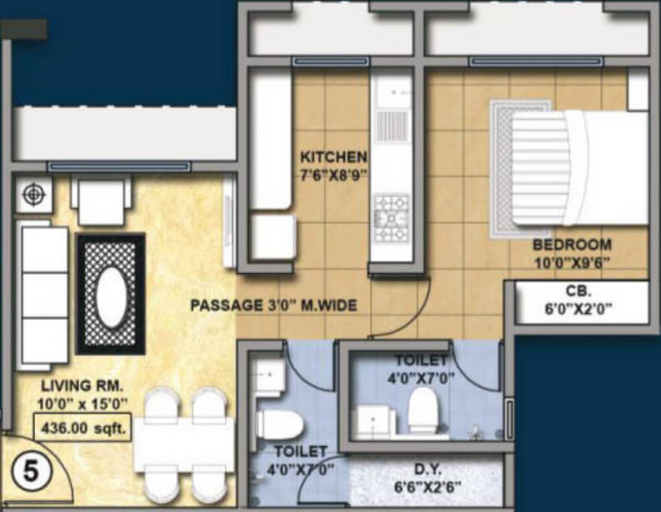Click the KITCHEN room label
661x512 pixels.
point(333,157)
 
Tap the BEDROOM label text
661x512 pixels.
point(572,245)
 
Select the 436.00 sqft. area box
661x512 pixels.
point(83,428)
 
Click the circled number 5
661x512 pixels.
point(31,471)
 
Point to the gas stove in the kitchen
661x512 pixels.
point(391,218)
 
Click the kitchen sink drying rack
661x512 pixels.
point(391,125)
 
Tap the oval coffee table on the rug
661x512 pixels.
point(112,295)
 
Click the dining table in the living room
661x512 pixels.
point(184,445)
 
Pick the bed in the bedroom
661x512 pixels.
point(579,168)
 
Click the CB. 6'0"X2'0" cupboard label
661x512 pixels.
point(579,301)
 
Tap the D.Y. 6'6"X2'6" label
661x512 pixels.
point(427,479)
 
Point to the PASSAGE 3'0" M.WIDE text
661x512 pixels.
point(274,305)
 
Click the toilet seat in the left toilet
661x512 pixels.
point(280,424)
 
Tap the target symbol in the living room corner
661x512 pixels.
point(34,194)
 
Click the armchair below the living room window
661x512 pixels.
point(102,201)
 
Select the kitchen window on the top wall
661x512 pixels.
point(330,62)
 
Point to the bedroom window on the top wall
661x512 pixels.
point(536,62)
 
